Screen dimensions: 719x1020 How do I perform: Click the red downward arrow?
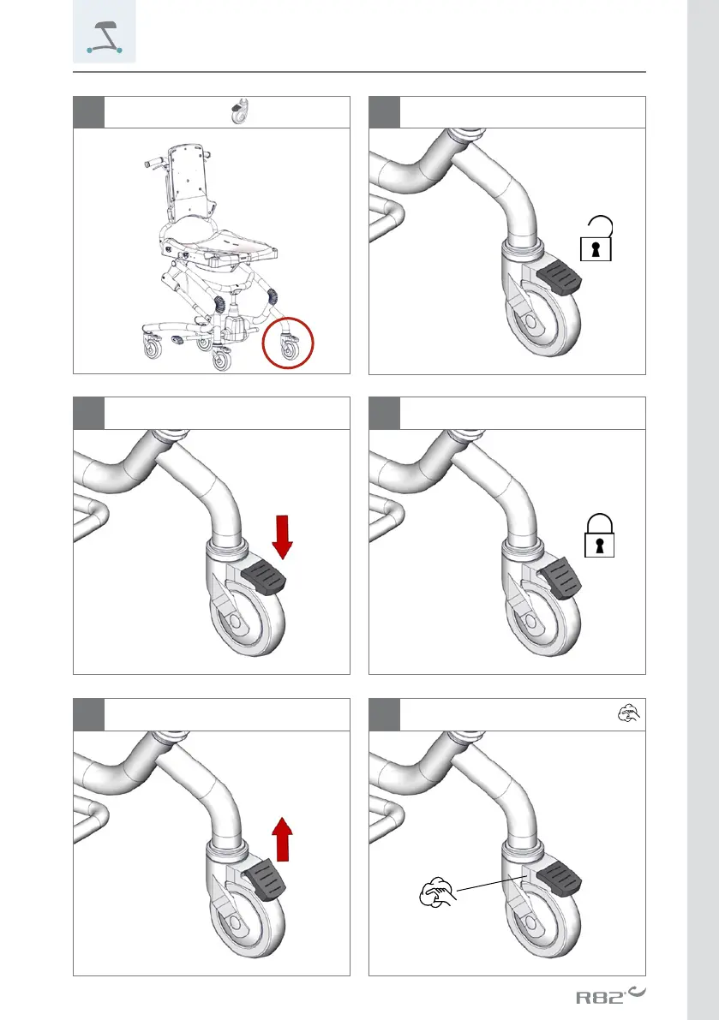point(283,537)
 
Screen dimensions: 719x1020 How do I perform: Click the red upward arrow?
point(282,838)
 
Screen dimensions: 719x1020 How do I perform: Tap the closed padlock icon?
point(599,536)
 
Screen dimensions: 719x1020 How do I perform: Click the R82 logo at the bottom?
point(610,995)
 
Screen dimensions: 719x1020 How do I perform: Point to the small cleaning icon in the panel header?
point(628,713)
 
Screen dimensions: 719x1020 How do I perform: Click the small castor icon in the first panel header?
point(241,111)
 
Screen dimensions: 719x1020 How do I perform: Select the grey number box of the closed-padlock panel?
point(385,413)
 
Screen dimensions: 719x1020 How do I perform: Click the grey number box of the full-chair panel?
point(88,112)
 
